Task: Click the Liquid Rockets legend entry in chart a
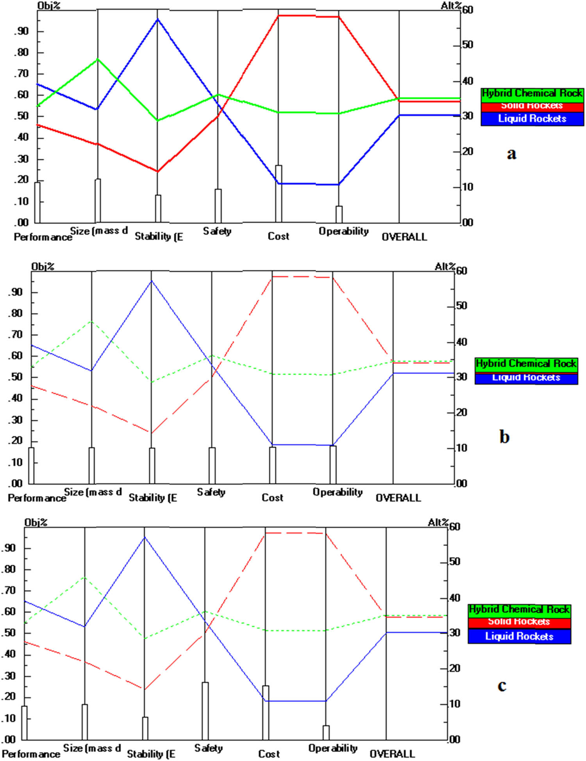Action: pos(532,118)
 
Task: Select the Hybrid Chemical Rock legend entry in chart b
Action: pos(526,364)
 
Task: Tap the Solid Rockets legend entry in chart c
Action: pos(519,621)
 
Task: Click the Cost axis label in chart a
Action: pos(279,236)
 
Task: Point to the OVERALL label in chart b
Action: pos(398,498)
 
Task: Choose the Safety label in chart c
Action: pos(209,748)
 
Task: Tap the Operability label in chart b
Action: pos(338,492)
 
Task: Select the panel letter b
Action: pos(504,436)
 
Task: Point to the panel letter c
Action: pos(502,686)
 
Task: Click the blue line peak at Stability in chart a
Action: pos(158,19)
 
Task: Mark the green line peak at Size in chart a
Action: pos(98,59)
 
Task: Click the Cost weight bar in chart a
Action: pos(279,194)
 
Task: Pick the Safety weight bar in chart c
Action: pos(205,711)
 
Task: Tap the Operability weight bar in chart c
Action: pos(326,732)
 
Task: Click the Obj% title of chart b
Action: pos(43,267)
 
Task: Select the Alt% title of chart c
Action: pos(438,522)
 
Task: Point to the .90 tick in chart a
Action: pos(22,31)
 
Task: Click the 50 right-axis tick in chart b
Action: pos(462,306)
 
